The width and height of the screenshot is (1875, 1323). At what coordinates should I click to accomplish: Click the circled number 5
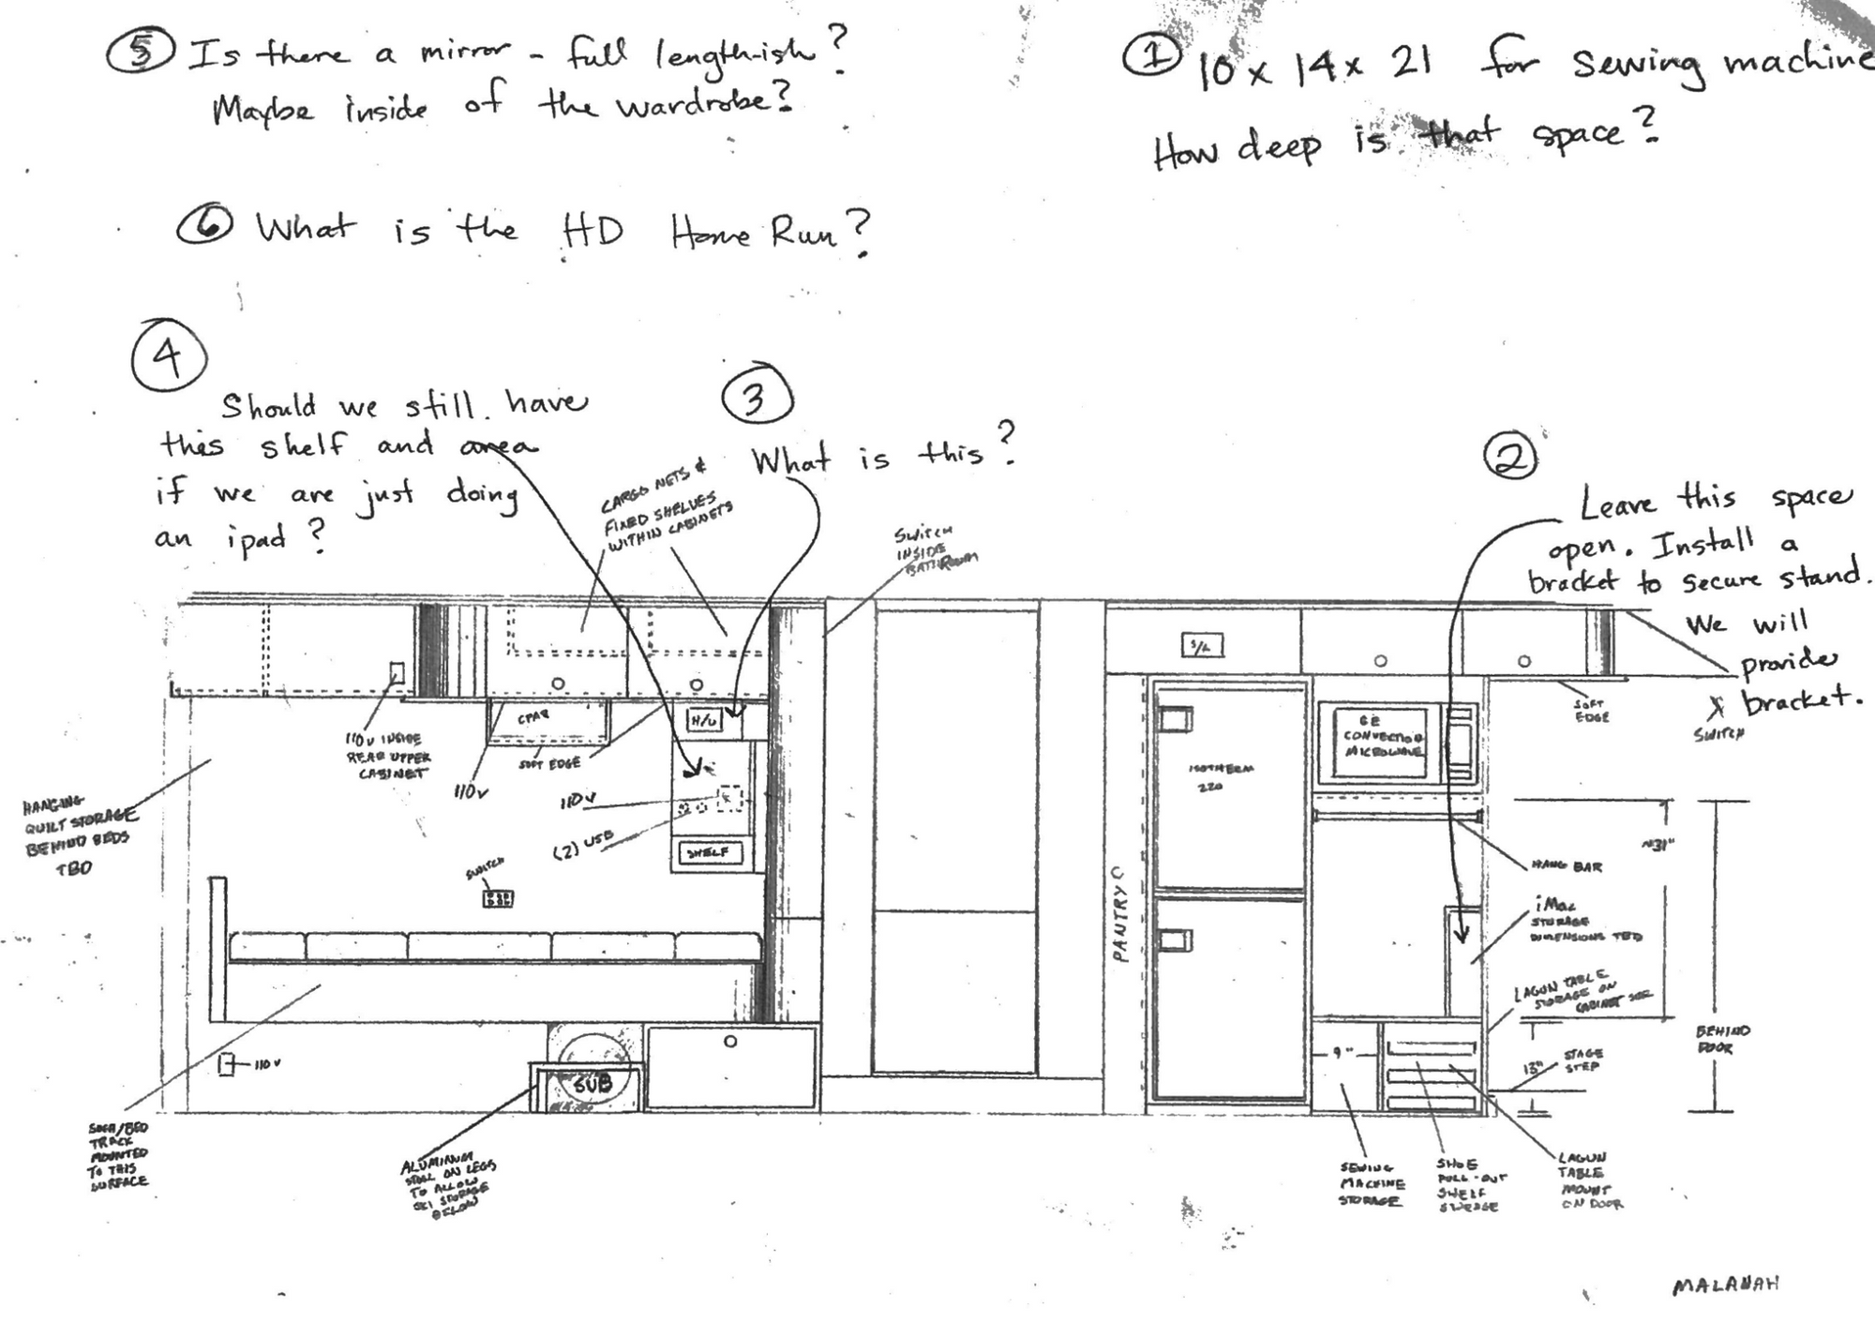(140, 53)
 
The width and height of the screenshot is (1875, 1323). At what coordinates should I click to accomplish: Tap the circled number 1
(1150, 56)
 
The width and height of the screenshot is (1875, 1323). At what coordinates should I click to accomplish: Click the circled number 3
(757, 398)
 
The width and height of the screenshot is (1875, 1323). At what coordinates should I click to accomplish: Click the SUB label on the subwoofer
(592, 1084)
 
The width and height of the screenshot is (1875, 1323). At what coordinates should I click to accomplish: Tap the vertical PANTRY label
(1118, 914)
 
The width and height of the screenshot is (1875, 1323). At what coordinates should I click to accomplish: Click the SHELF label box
(710, 852)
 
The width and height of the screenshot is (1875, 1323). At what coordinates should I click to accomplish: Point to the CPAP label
(532, 717)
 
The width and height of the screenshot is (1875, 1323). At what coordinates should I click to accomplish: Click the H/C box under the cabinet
(704, 720)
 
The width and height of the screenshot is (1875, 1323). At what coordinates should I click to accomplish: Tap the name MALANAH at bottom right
(1725, 1285)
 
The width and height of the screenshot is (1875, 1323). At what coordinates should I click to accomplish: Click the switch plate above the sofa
(497, 898)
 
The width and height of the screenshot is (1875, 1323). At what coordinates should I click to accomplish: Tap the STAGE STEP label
(1582, 1060)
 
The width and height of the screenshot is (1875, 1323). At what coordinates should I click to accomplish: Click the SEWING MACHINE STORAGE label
(1372, 1184)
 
